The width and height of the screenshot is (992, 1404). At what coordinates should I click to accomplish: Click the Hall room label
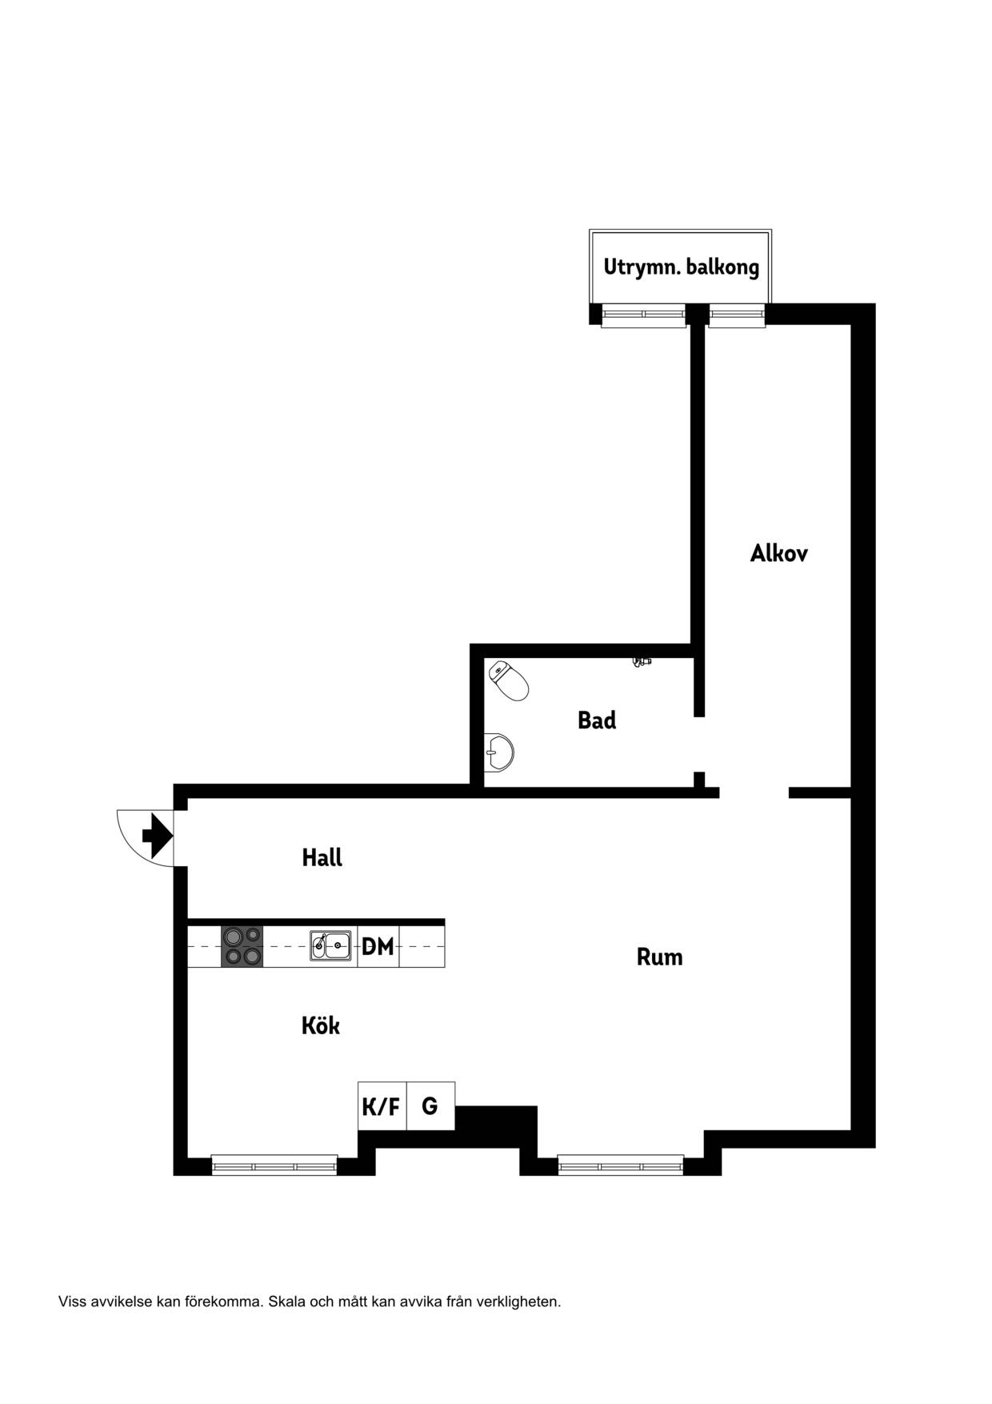(322, 857)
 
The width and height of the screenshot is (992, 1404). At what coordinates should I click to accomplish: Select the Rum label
(660, 957)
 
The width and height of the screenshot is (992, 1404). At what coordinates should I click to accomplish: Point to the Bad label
(597, 720)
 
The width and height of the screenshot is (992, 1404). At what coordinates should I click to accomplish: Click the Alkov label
(779, 553)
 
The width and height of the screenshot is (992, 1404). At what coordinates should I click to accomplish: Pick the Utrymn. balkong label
(682, 267)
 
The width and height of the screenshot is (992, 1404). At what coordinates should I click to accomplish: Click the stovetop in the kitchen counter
(242, 946)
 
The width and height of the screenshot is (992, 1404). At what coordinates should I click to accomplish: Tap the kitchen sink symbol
(330, 945)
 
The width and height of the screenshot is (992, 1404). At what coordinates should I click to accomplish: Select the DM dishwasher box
(378, 946)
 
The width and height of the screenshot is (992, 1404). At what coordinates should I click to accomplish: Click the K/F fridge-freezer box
(382, 1106)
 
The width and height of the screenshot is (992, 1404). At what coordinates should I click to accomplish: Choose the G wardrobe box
(430, 1106)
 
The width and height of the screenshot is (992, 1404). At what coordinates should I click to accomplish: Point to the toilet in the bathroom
(509, 680)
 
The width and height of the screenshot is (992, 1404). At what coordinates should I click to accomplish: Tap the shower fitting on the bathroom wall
(642, 662)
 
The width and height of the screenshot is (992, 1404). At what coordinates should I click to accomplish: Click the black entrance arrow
(158, 836)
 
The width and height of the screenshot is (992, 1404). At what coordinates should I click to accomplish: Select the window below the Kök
(274, 1165)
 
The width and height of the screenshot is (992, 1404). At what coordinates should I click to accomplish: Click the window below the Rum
(621, 1165)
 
